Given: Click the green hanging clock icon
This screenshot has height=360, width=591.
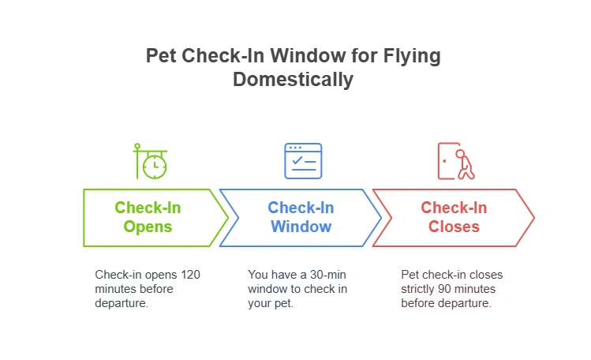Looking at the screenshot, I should coord(150,161).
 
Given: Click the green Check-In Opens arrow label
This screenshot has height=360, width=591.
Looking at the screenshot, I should coord(148,217).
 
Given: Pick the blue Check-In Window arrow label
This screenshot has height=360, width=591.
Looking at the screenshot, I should coord(301,217).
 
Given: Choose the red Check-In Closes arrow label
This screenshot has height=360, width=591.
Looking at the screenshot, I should coord(454,217).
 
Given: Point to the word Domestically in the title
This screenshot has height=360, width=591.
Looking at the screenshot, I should coord(293,80).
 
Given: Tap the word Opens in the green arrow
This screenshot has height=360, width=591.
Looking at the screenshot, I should coord(148,227).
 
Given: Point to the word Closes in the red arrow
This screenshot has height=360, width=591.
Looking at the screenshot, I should coord(454,227).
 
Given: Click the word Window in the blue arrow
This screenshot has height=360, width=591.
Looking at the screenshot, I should coord(301,227).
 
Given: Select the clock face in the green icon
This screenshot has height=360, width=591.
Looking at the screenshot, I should coord(155,166).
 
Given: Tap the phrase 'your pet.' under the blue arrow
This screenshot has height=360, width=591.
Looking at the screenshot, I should coord(271,303).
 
